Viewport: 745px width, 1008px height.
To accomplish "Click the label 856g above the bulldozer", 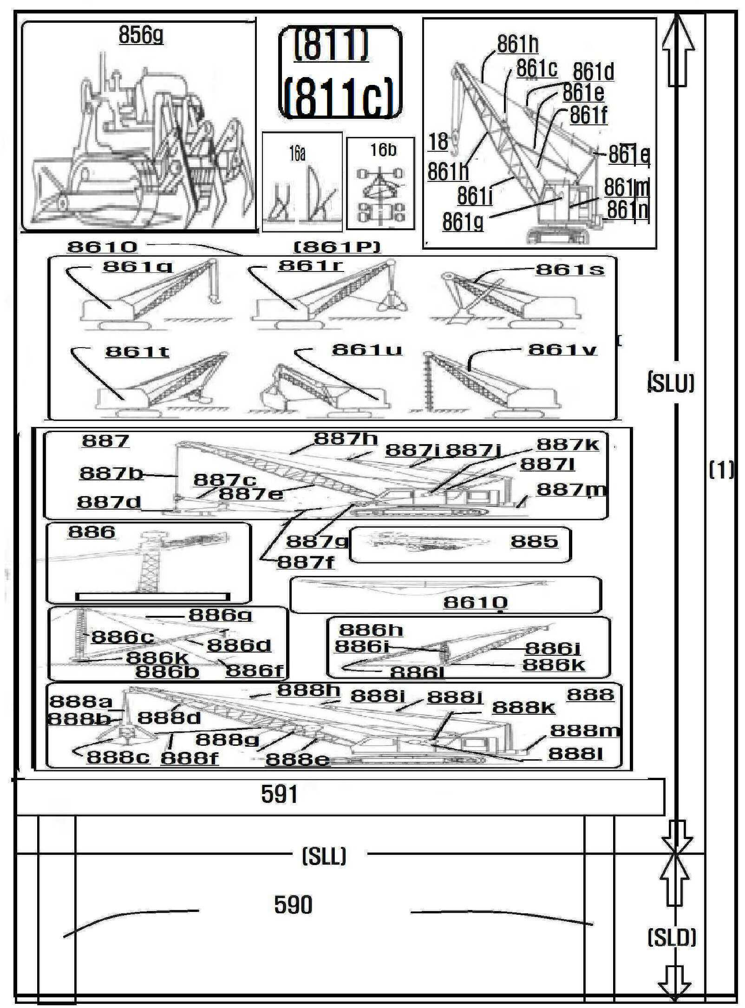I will pos(141,34).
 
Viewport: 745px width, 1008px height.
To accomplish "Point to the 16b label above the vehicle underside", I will pos(383,150).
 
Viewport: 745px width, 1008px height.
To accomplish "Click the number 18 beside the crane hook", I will pos(438,142).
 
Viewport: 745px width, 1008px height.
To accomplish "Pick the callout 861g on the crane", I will pos(462,222).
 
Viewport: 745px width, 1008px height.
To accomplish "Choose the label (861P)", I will pos(337,247).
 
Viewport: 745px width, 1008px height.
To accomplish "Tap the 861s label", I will pos(570,270).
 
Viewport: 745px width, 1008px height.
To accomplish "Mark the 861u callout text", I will pos(366,350).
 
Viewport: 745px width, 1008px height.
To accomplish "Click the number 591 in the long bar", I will pos(279,795).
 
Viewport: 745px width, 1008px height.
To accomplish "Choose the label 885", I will pos(534,542).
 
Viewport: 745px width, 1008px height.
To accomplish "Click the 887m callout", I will pos(571,490).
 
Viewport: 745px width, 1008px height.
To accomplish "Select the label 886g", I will pos(220,615).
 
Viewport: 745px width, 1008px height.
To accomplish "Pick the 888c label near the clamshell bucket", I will pos(118,757).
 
